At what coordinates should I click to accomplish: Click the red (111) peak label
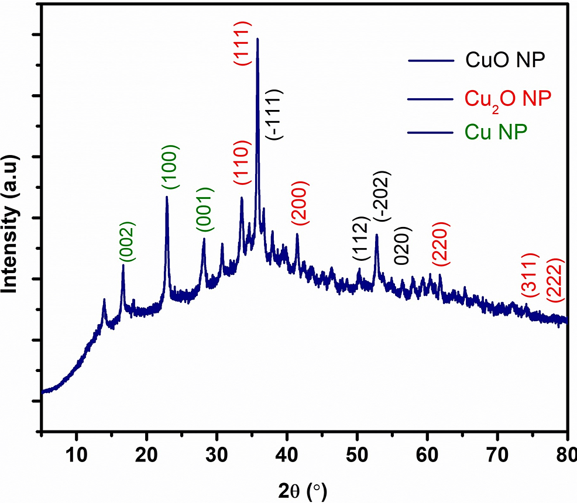(242, 43)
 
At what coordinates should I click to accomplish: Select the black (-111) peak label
(275, 115)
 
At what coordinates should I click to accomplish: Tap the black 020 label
(404, 246)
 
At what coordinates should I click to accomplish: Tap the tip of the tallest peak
(257, 39)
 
